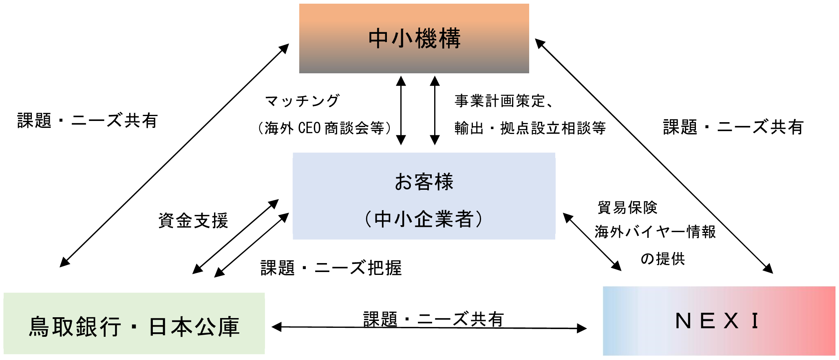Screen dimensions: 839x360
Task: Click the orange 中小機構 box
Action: pyautogui.click(x=414, y=39)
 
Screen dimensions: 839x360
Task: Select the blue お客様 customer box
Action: pyautogui.click(x=424, y=196)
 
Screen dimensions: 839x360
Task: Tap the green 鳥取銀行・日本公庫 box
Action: pyautogui.click(x=134, y=323)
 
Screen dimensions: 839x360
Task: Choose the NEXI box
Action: pyautogui.click(x=719, y=321)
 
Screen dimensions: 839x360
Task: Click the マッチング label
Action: pyautogui.click(x=302, y=101)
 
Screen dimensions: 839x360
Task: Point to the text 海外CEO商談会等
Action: pyautogui.click(x=325, y=128)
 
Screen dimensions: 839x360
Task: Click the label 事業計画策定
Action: pyautogui.click(x=500, y=101)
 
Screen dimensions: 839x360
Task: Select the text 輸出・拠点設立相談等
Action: pyautogui.click(x=530, y=128)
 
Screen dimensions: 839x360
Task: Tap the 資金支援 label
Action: pyautogui.click(x=193, y=221)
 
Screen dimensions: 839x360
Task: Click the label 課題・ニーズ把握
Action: pyautogui.click(x=331, y=268)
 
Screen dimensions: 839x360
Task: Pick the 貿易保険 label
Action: pyautogui.click(x=627, y=207)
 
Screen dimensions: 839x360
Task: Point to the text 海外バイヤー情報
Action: pyautogui.click(x=655, y=232)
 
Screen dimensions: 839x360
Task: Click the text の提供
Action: pyautogui.click(x=663, y=259)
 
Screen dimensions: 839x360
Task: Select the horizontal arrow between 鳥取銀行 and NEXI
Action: pyautogui.click(x=429, y=327)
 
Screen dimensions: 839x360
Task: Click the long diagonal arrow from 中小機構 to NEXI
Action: pyautogui.click(x=654, y=156)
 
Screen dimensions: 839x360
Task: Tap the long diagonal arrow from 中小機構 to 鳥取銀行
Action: pyautogui.click(x=174, y=156)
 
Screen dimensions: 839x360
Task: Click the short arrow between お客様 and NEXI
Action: pyautogui.click(x=592, y=241)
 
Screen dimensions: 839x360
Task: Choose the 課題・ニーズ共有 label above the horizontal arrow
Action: pyautogui.click(x=434, y=319)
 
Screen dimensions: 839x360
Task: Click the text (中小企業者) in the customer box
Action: pyautogui.click(x=424, y=219)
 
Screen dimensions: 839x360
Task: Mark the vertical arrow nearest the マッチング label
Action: pyautogui.click(x=401, y=110)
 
